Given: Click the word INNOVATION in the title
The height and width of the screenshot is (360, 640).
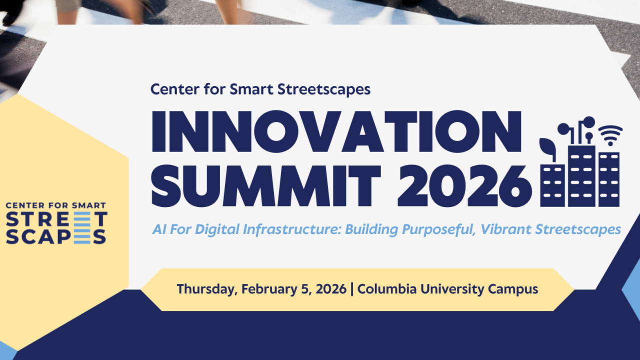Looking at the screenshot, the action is pos(337,131).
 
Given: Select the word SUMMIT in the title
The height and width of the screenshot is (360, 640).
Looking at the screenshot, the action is pos(266,185).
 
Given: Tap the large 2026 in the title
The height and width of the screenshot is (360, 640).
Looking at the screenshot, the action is pos(464,185).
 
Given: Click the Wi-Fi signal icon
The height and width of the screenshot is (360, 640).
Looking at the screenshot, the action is pos(610,135).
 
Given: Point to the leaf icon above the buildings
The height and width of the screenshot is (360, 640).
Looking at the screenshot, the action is pos(548,148).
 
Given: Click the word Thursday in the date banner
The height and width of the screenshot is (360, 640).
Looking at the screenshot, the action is pos(207,289).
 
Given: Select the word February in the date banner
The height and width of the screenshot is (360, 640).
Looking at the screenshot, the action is pos(269,289).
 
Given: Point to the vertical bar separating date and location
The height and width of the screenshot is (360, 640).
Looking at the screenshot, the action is pos(351,289).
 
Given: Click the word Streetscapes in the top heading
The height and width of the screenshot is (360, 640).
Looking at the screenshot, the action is pos(324,89).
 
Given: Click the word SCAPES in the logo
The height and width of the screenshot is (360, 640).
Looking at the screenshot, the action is pos(56,236).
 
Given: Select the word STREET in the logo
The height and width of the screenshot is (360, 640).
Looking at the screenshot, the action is pos(56,219).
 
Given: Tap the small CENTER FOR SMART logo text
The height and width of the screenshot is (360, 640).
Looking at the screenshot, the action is pos(56,205).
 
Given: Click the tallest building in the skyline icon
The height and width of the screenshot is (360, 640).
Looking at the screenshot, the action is pos(581,176).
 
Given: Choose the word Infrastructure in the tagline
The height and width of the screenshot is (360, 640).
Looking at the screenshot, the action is pos(292,229).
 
